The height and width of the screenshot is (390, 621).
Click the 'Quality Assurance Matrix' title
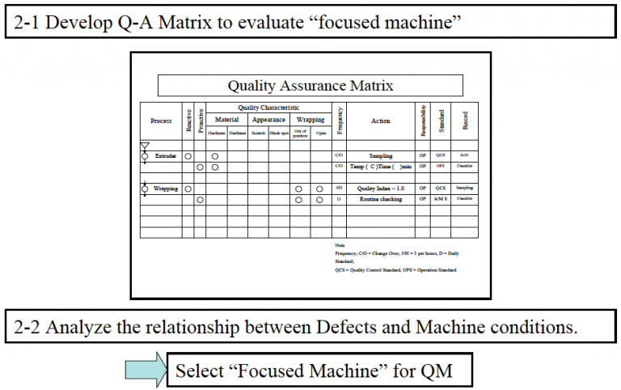(310, 85)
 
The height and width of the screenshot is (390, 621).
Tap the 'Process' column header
(161, 121)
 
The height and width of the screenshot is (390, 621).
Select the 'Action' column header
(380, 121)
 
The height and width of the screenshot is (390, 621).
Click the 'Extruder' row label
(167, 155)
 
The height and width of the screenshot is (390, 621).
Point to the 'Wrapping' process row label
(166, 189)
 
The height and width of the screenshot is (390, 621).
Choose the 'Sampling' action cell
(380, 155)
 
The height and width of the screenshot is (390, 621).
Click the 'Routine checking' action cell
(380, 199)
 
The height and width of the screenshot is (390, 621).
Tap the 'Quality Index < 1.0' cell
(380, 189)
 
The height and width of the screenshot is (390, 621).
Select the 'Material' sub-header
(226, 119)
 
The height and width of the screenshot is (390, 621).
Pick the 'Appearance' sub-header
(268, 119)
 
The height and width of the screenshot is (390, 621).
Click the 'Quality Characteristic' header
(268, 108)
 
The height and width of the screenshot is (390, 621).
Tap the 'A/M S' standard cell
(440, 199)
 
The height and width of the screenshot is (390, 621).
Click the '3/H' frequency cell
(340, 189)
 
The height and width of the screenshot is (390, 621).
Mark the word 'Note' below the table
(340, 244)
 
